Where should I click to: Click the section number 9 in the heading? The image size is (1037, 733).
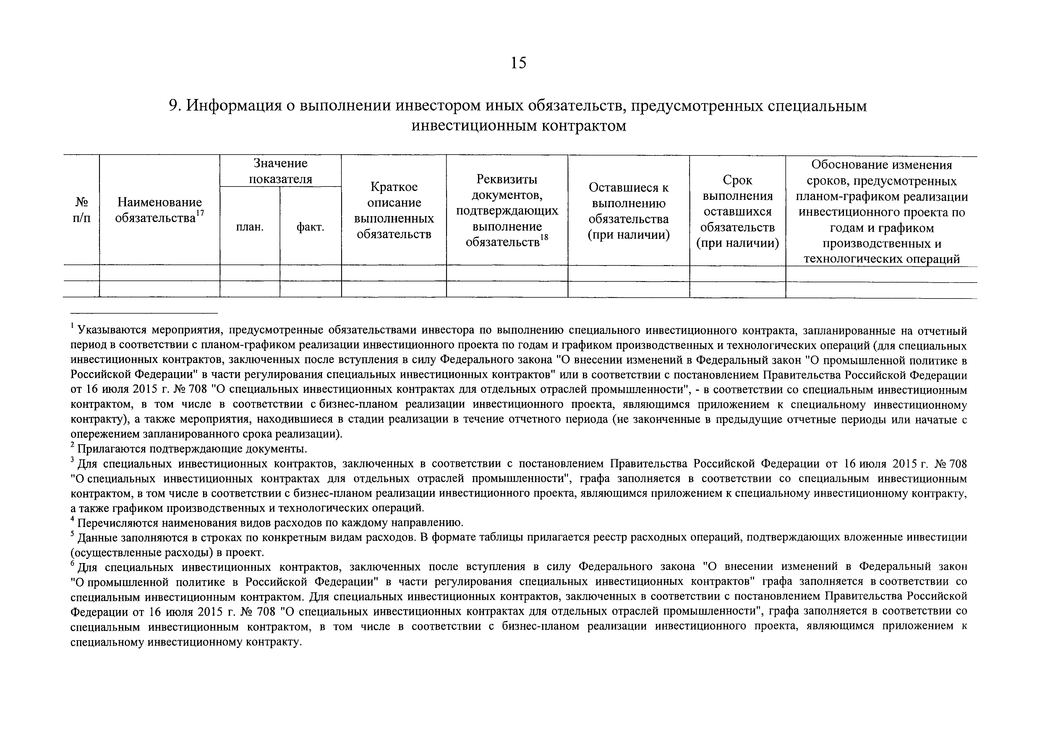[173, 106]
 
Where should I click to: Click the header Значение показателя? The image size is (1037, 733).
[281, 171]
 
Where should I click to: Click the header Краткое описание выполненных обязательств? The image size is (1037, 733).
[394, 210]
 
